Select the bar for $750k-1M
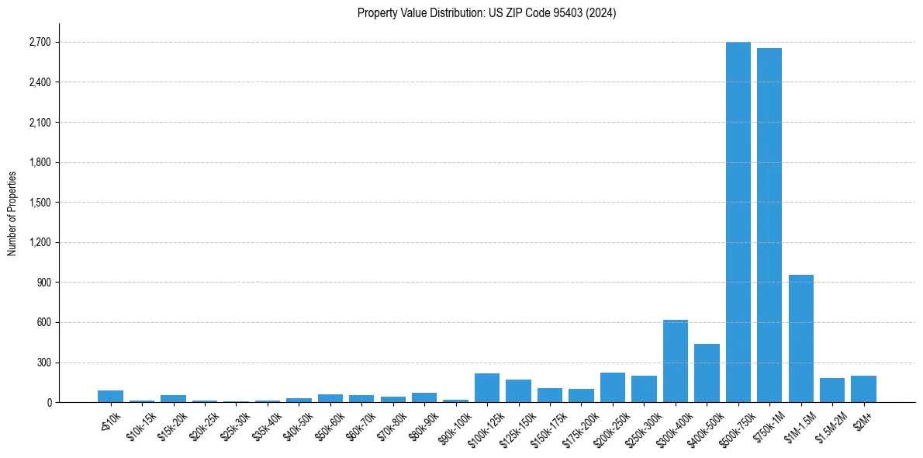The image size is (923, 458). pyautogui.click(x=769, y=225)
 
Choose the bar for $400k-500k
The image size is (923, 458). pyautogui.click(x=707, y=373)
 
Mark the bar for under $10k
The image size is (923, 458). pyautogui.click(x=110, y=396)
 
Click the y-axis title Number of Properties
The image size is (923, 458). pyautogui.click(x=12, y=213)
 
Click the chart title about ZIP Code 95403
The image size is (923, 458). pyautogui.click(x=486, y=13)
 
